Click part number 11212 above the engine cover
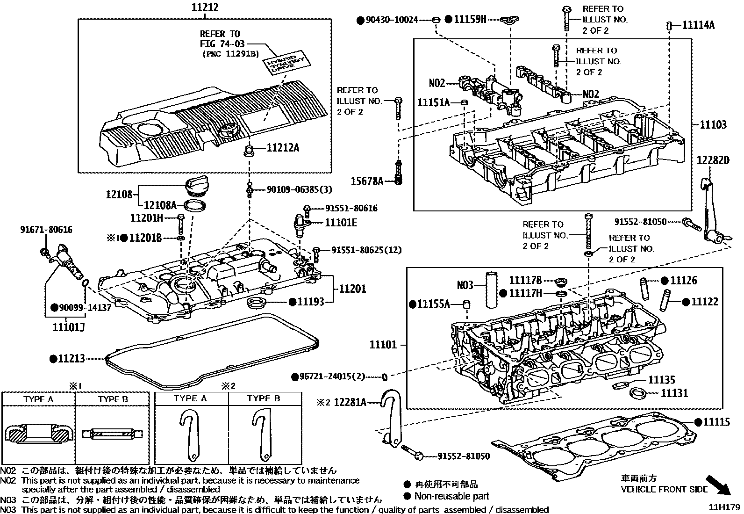coord(205,8)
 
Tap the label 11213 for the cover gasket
coord(72,359)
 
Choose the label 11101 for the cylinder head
coord(383,345)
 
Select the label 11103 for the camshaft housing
coord(713,124)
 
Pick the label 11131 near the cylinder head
coord(674,393)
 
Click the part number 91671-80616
coord(46,230)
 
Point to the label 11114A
coord(698,25)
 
